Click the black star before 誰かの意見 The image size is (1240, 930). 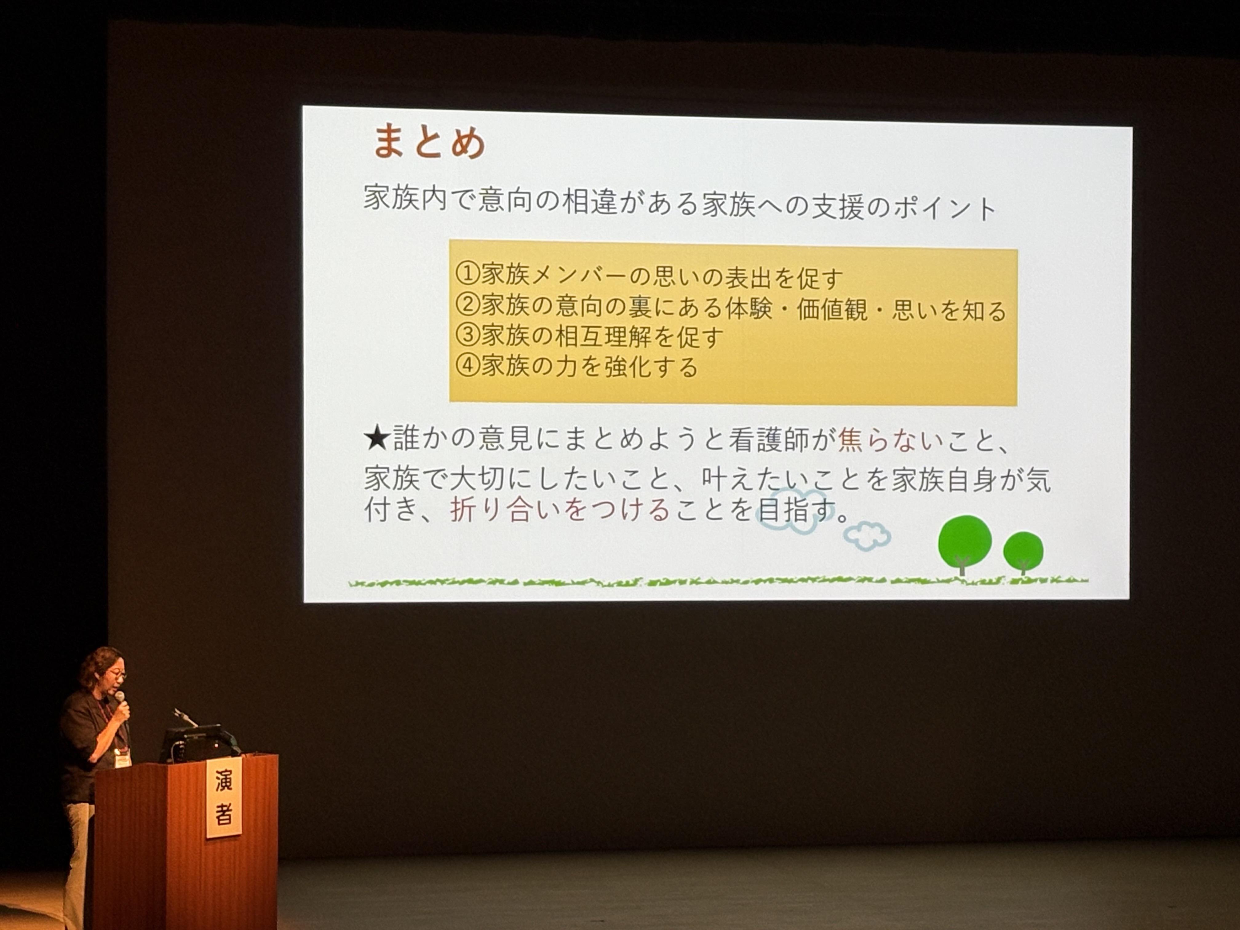click(377, 438)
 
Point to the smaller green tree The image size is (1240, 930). click(1023, 552)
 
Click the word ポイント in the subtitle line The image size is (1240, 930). click(944, 207)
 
